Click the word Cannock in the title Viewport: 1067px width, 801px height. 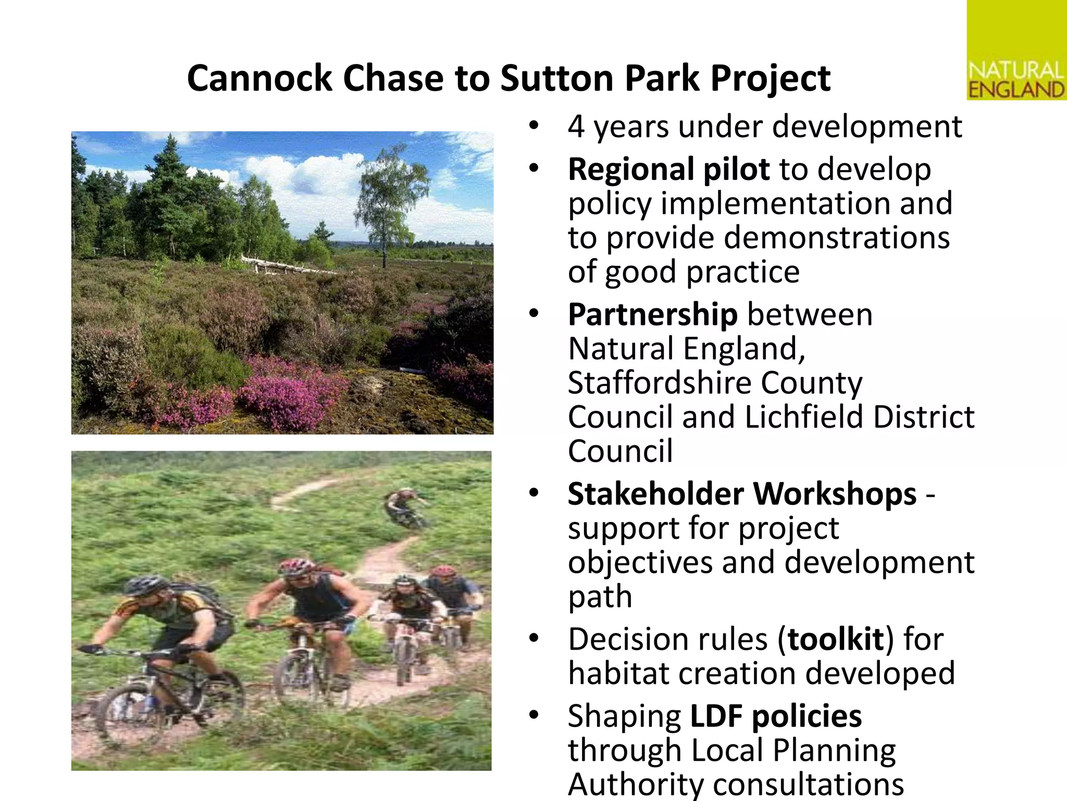pyautogui.click(x=259, y=78)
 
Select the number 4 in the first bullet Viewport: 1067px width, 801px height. pyautogui.click(x=576, y=127)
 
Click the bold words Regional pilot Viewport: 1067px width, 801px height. pyautogui.click(x=668, y=169)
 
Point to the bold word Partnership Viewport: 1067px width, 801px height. pyautogui.click(x=652, y=314)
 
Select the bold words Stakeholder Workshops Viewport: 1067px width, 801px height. pyautogui.click(x=741, y=494)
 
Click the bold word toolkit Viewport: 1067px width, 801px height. pyautogui.click(x=836, y=639)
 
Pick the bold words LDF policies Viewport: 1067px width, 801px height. pyautogui.click(x=776, y=716)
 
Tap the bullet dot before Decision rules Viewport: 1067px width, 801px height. pyautogui.click(x=533, y=638)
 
